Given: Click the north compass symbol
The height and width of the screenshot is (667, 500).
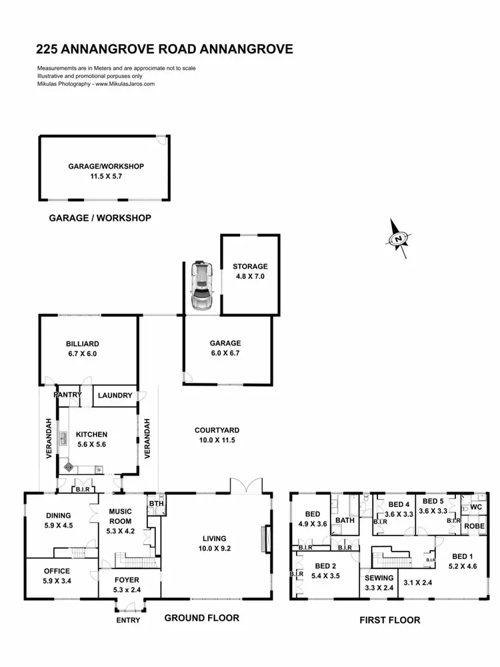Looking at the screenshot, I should [399, 238].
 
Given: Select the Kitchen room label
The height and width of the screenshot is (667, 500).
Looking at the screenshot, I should [91, 434].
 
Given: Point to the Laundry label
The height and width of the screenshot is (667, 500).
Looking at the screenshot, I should [115, 396].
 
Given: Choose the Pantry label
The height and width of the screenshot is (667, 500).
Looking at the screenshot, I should [69, 395].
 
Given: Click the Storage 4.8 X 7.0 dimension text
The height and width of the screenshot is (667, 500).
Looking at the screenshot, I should [250, 275].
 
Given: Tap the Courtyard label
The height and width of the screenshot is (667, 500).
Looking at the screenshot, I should [217, 430].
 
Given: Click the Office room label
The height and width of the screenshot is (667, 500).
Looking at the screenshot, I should [57, 571].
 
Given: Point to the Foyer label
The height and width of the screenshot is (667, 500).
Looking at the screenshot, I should [127, 580].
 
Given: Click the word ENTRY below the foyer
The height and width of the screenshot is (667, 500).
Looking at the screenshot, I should [128, 620].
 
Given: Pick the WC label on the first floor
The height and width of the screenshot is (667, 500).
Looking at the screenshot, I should [476, 507].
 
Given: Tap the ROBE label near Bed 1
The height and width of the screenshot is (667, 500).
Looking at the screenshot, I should [475, 526].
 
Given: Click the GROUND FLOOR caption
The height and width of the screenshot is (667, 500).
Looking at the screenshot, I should [202, 618].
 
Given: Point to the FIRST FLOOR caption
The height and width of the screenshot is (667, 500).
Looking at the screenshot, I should [390, 620].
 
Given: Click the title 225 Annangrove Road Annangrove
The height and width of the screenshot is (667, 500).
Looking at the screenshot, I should [165, 49].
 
